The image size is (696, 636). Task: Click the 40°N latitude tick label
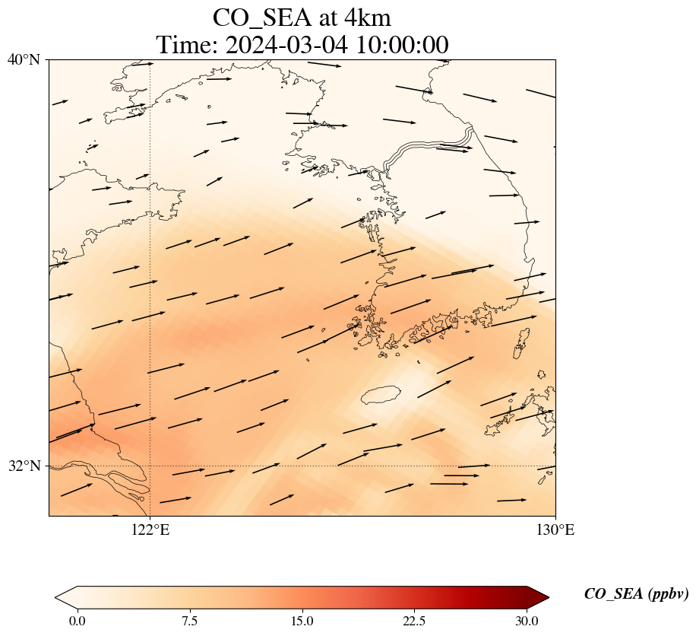24,59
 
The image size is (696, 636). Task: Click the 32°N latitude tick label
24,466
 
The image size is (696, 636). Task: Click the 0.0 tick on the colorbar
77,621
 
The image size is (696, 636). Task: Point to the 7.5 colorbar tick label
189,621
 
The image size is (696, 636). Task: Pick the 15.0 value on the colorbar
302,621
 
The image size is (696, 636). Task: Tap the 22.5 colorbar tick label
414,621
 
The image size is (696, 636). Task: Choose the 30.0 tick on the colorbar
527,621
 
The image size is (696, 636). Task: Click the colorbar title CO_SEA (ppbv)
636,595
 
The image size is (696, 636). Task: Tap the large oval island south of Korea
381,395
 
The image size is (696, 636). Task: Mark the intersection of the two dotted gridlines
150,466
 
